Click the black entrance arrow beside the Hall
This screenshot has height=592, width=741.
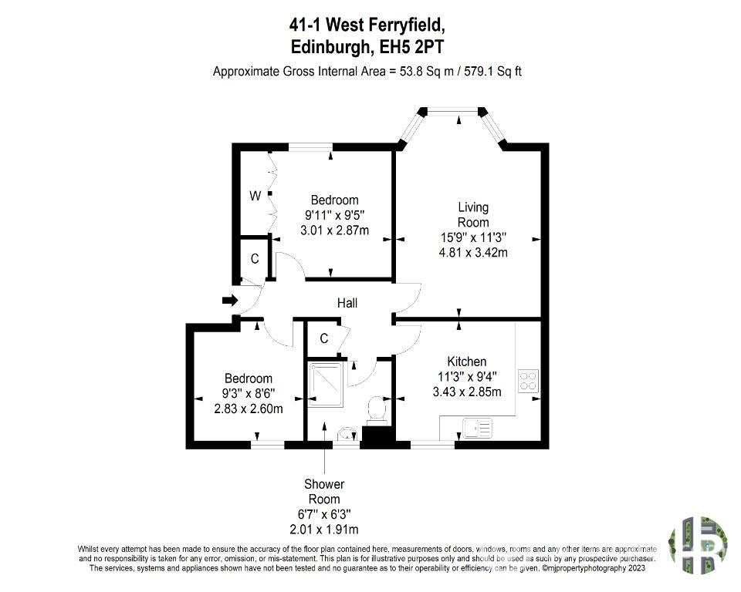point(230,301)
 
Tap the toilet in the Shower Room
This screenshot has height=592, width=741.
point(377,408)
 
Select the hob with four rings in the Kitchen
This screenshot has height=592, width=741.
point(528,381)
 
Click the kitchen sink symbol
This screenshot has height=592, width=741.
point(477,428)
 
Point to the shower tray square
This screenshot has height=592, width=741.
point(324,385)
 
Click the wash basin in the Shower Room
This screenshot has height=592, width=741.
point(347,434)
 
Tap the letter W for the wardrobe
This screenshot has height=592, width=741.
point(255,196)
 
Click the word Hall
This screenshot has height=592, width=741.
point(347,303)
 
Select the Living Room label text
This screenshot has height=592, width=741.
point(473,215)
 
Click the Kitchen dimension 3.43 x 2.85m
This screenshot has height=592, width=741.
point(467,392)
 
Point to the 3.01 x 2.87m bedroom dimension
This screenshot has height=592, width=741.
point(334,230)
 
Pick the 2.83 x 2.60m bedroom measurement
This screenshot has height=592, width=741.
point(248,409)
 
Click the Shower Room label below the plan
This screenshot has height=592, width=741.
point(324,492)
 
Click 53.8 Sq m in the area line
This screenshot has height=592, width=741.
point(427,72)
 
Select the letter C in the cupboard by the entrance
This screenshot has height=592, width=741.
point(255,259)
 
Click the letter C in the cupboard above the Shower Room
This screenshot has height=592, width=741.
point(323,338)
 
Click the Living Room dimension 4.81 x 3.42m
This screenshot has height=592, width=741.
point(473,253)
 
